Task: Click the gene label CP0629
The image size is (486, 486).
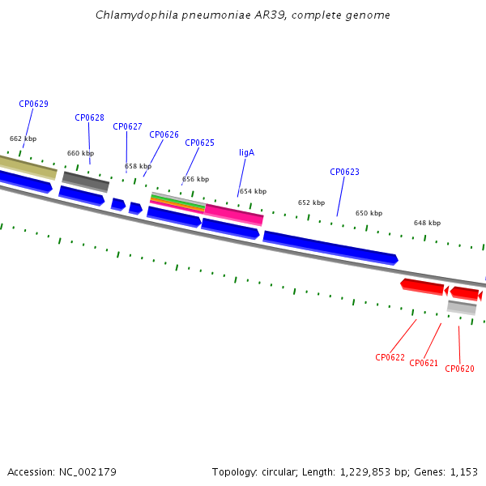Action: [33, 104]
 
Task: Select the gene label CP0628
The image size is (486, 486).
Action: [89, 117]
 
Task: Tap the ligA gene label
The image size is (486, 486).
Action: [247, 152]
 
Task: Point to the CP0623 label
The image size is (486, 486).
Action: [344, 172]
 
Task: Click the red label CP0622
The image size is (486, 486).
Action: [390, 357]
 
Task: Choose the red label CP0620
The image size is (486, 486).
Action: [459, 369]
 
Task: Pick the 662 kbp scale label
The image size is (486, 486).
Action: [23, 139]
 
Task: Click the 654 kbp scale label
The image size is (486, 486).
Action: [253, 191]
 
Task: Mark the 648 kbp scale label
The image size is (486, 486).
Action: [427, 223]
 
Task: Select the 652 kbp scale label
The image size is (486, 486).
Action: [311, 202]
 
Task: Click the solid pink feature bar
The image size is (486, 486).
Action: [234, 215]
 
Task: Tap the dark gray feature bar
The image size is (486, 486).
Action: [86, 182]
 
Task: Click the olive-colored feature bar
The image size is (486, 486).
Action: [28, 168]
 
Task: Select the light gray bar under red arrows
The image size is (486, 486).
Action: [462, 308]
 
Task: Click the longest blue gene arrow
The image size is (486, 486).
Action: [330, 248]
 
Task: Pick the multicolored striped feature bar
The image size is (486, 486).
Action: [177, 202]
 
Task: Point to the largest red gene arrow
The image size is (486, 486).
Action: [422, 287]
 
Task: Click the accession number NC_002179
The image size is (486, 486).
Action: [87, 472]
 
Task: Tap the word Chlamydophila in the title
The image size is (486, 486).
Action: [137, 15]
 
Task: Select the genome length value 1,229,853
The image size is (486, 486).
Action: [364, 472]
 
